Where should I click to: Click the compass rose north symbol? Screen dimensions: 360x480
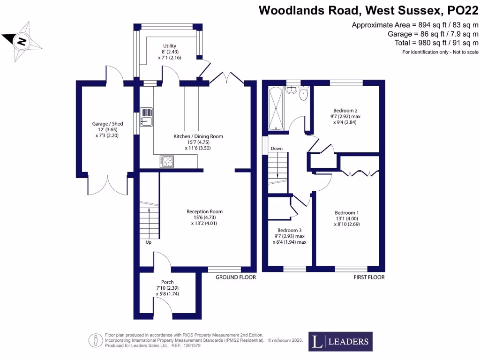pos(22,42)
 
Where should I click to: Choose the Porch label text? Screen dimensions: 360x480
pos(167,282)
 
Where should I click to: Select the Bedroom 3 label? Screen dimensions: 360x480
pos(289,230)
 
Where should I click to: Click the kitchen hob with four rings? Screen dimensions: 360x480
pos(166,161)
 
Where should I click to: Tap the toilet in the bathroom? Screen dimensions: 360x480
pos(303,94)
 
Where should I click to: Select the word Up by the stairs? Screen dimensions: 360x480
pos(149,242)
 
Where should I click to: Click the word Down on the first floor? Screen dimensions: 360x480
pos(277,149)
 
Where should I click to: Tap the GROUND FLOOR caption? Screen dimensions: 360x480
pos(235,277)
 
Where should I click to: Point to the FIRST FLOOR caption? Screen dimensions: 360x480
pos(369,277)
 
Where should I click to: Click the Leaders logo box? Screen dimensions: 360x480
pos(340,341)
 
